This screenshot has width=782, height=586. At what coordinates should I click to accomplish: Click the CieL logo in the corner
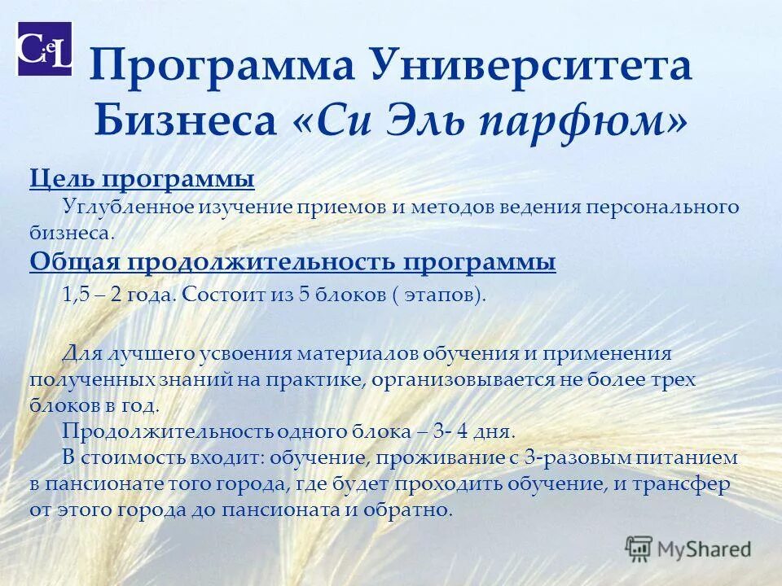(x=45, y=49)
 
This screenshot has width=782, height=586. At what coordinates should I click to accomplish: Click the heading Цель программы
(x=142, y=178)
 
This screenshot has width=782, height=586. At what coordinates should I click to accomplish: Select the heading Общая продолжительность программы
(x=293, y=262)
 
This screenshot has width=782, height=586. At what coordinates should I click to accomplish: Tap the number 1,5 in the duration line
(x=75, y=295)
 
